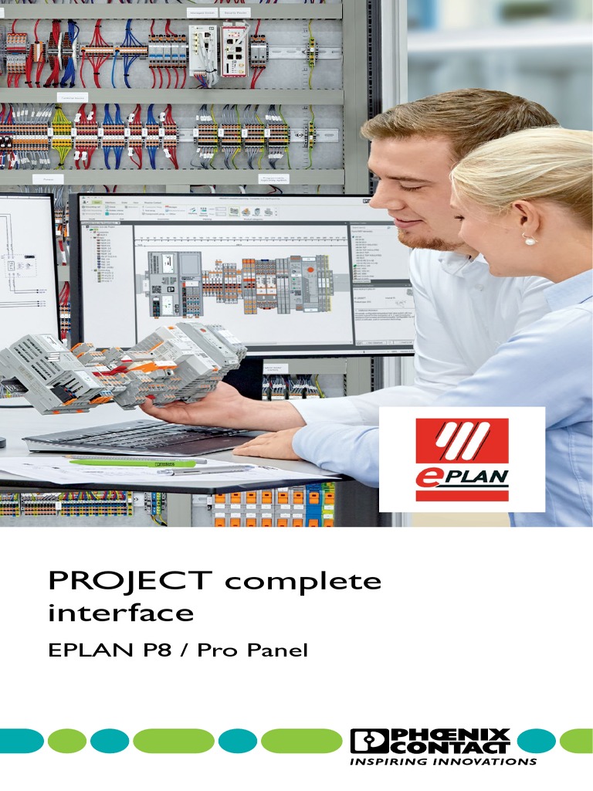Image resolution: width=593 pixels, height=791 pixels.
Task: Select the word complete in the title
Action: [x=302, y=582]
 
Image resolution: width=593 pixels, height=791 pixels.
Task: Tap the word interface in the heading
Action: [x=120, y=613]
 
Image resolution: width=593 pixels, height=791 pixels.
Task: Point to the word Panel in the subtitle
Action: [x=276, y=650]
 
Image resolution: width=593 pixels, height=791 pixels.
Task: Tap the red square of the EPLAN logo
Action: [x=462, y=443]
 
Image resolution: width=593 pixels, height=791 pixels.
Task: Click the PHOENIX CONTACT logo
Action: [x=429, y=740]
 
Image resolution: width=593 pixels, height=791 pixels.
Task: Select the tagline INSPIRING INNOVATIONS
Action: [x=443, y=762]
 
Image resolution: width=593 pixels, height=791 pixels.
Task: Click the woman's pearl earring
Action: [x=530, y=240]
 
